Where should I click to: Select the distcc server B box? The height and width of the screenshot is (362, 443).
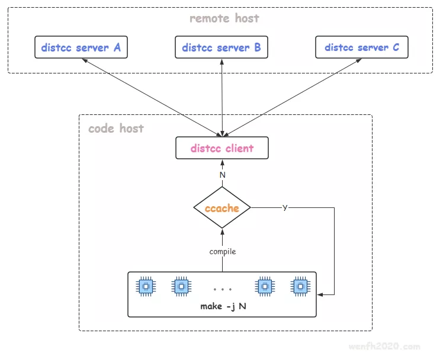click(x=221, y=47)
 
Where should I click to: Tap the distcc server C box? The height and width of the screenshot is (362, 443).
click(x=362, y=47)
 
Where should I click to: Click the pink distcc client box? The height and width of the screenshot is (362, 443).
click(x=222, y=148)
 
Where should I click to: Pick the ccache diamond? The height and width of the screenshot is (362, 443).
click(x=222, y=208)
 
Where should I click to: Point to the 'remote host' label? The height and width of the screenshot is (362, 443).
click(x=224, y=18)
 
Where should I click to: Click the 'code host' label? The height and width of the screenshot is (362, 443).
click(x=116, y=128)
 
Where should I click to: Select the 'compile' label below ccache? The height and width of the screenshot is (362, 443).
click(x=223, y=251)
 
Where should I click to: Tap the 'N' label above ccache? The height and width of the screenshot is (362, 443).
click(x=223, y=175)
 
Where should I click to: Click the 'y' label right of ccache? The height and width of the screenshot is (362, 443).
click(x=285, y=207)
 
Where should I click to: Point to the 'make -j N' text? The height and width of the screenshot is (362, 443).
click(x=223, y=306)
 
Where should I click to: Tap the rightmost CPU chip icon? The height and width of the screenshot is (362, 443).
click(x=300, y=287)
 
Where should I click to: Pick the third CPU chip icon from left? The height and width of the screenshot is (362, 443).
click(x=264, y=287)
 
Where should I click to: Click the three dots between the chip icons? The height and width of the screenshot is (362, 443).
click(x=223, y=289)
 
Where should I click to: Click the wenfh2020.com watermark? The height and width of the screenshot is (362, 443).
click(x=389, y=347)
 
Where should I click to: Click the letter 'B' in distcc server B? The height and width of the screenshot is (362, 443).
click(x=257, y=47)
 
